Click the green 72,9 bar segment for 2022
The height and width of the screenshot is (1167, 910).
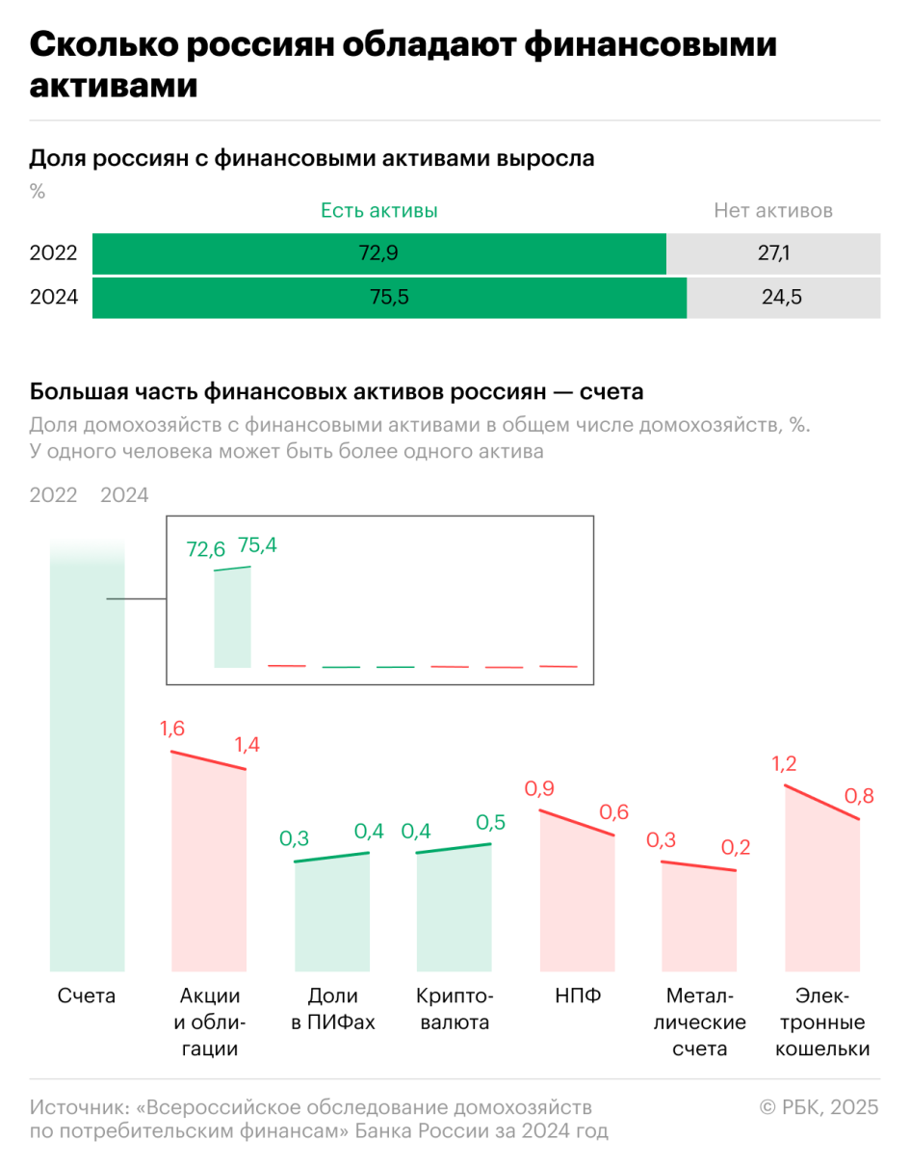coord(378,254)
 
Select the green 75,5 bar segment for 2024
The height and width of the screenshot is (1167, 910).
coord(389,298)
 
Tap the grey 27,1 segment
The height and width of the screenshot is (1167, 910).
coord(773,254)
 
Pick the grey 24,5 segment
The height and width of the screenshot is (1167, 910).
coord(783,298)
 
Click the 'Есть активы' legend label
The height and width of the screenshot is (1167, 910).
coord(378,211)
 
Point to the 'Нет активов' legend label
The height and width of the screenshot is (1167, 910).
coord(773,211)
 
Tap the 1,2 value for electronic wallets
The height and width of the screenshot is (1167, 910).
coord(786,764)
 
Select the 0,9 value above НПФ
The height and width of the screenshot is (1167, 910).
coord(539,789)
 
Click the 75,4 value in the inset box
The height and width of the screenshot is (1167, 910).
coord(257,545)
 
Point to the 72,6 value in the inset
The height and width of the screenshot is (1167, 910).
coord(205,549)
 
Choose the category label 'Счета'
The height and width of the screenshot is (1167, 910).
coord(87,996)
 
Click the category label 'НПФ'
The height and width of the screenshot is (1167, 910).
coord(578,996)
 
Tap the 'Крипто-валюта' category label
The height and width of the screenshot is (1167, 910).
coord(454,1009)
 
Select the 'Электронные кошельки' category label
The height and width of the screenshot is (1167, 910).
coord(822,1022)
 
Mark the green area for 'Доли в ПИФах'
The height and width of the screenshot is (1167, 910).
coord(332,915)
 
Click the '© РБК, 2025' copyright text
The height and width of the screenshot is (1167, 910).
coord(819,1107)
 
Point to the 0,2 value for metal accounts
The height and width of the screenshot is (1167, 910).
coord(735,848)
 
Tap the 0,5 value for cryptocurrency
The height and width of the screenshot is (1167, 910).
coord(491,823)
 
